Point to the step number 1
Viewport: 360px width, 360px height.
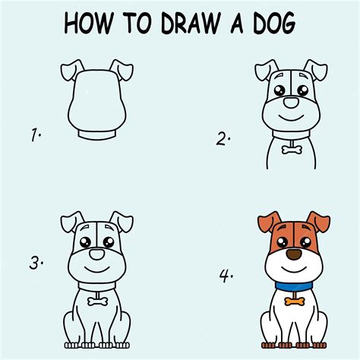click(35, 137)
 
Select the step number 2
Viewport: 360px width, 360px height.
click(223, 138)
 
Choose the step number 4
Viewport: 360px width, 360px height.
click(225, 275)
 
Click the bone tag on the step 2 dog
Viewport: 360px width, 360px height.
click(290, 150)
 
